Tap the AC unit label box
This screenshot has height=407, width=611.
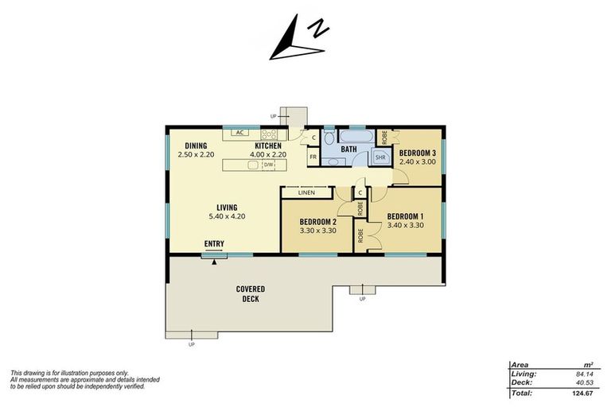239,133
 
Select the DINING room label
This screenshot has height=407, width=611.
196,145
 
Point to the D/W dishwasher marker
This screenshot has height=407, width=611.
268,165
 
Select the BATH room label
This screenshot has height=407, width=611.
348,149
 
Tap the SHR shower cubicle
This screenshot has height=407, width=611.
379,157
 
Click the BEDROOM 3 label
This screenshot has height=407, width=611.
418,153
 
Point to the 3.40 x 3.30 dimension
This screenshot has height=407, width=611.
405,225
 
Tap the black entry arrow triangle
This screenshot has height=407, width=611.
213,262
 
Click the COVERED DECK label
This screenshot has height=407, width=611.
251,293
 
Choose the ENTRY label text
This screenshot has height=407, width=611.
214,244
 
